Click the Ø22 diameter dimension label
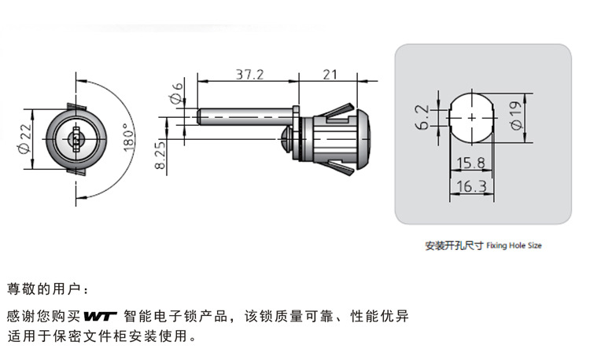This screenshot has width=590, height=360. (24, 139)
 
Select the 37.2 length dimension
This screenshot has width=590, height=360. (250, 74)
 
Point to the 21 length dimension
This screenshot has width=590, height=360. (330, 74)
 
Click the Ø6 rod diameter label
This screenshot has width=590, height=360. (176, 94)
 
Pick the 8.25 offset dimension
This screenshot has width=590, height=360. (160, 154)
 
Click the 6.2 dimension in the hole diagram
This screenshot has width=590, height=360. (422, 117)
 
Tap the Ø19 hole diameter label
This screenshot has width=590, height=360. (516, 116)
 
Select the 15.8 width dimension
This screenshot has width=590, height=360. (470, 163)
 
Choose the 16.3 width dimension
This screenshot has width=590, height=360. (471, 186)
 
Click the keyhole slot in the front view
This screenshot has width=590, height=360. (76, 139)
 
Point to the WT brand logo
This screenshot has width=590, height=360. (101, 317)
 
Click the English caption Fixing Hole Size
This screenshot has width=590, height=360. (514, 246)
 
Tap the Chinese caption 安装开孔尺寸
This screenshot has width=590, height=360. (454, 246)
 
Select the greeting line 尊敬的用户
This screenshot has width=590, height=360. (44, 289)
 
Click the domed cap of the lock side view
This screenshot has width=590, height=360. (363, 139)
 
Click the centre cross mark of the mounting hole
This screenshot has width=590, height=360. (472, 118)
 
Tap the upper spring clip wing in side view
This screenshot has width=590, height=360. (339, 112)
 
